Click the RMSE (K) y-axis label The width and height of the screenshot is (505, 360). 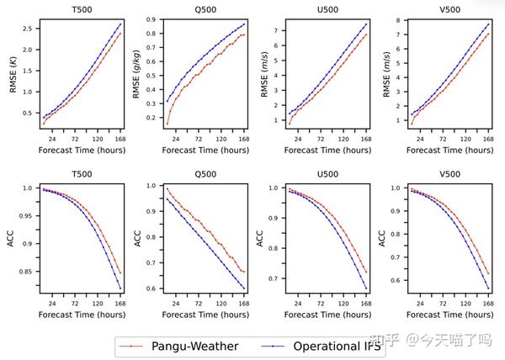(x=14, y=73)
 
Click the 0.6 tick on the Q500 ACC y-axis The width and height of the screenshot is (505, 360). (x=153, y=289)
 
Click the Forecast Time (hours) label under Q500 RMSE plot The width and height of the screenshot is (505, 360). (x=201, y=150)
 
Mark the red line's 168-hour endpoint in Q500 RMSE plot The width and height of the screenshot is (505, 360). (x=243, y=34)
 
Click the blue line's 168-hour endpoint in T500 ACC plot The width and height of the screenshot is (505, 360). (x=120, y=289)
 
